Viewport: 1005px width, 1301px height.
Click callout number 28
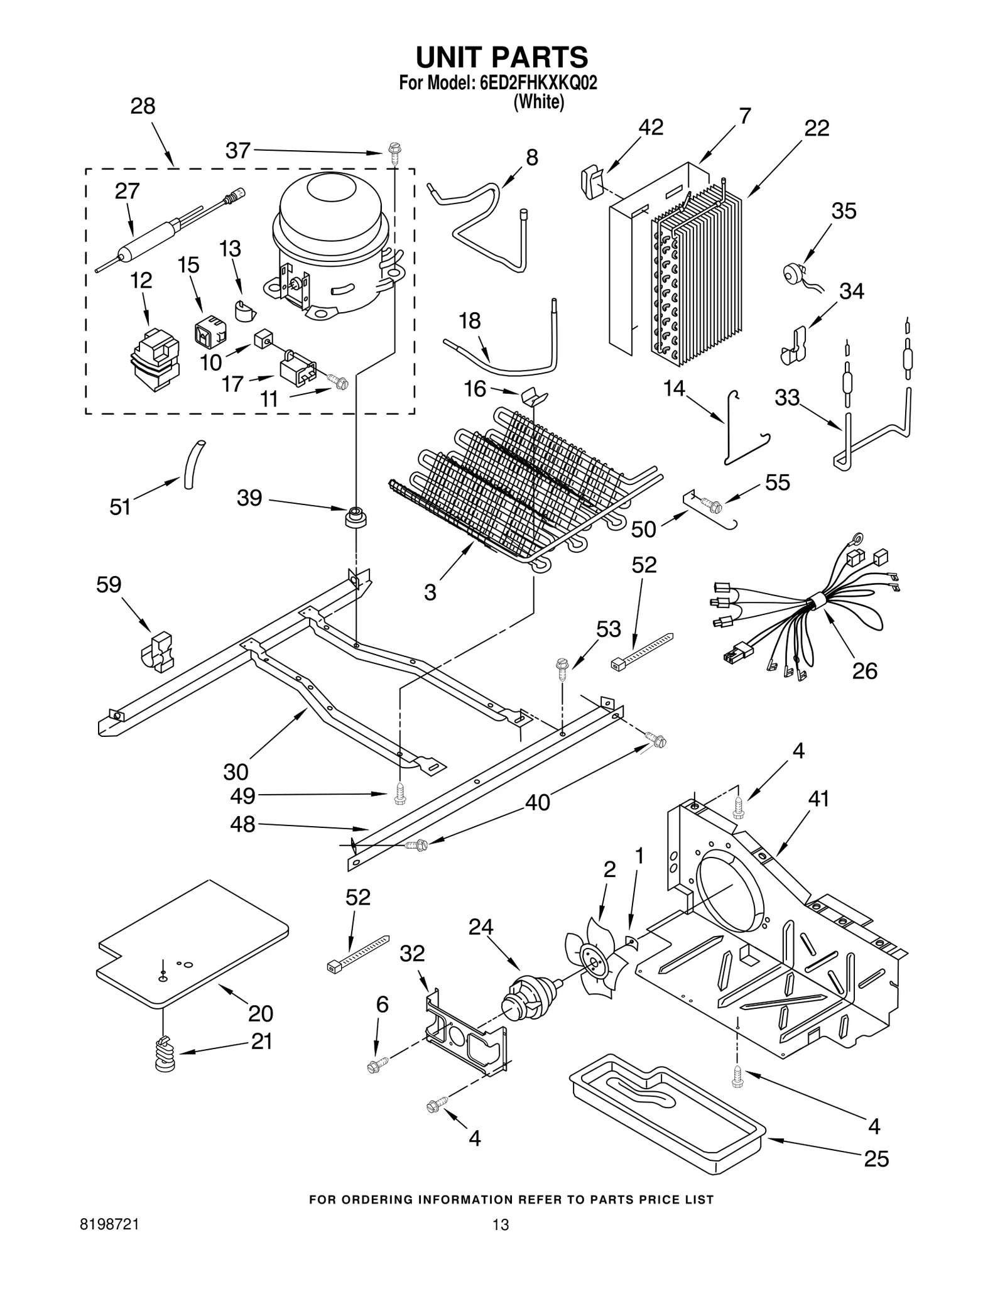(143, 106)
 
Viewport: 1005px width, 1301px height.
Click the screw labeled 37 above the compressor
(394, 153)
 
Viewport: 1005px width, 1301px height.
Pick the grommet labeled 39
(356, 518)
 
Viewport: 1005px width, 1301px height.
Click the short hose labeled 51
(192, 464)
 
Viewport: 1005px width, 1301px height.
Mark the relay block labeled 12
(154, 362)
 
